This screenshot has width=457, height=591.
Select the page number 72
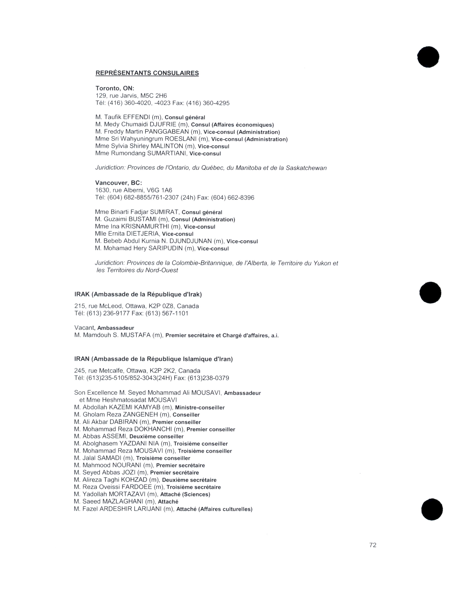(x=373, y=545)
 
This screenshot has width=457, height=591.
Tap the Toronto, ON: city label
(x=115, y=88)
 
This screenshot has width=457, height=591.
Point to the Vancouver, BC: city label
(x=118, y=183)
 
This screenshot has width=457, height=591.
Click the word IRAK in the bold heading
(x=82, y=294)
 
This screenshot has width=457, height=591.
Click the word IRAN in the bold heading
(x=82, y=359)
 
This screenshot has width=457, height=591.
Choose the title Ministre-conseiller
(x=200, y=407)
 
